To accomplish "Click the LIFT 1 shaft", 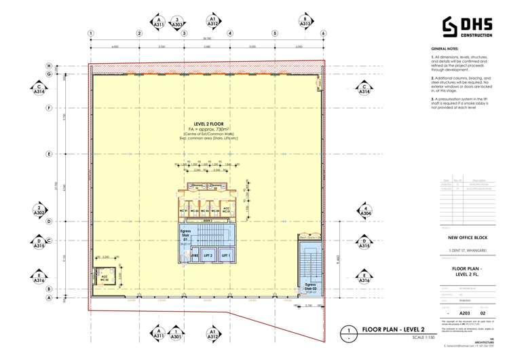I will (x=228, y=255).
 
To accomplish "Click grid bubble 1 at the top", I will (x=90, y=33).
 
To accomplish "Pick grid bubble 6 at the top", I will (x=324, y=33).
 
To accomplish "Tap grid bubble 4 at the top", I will (x=230, y=33).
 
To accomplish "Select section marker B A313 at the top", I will (x=306, y=21).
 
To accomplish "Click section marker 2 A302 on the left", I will (x=40, y=211).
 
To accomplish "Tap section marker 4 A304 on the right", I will (x=364, y=211).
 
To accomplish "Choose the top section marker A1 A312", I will (x=212, y=21).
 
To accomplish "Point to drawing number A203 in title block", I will (x=465, y=312).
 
